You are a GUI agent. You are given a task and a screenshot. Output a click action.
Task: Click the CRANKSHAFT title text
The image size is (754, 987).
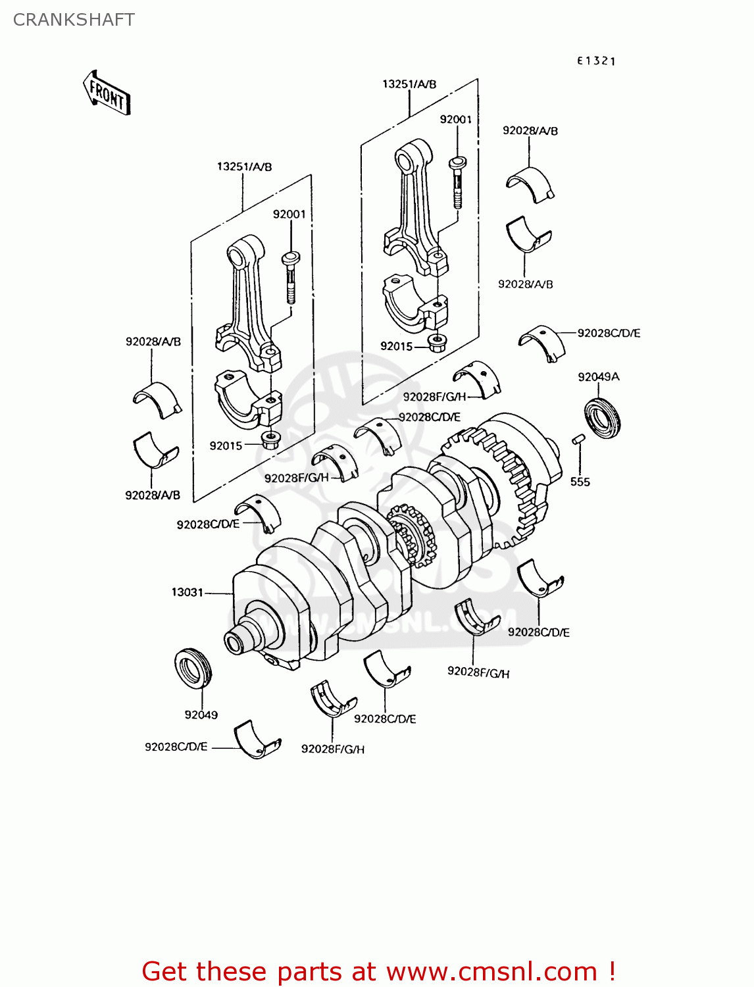pyautogui.click(x=74, y=20)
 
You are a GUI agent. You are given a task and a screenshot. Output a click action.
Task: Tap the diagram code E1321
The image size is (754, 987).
pyautogui.click(x=596, y=61)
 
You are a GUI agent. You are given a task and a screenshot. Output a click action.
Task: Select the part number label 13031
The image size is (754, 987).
pyautogui.click(x=188, y=592)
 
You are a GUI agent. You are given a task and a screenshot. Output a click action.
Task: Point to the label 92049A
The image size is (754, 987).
pyautogui.click(x=598, y=377)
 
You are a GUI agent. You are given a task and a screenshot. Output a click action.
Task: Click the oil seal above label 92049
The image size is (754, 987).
pyautogui.click(x=193, y=669)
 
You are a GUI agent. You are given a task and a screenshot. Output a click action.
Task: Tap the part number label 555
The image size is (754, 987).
pyautogui.click(x=580, y=482)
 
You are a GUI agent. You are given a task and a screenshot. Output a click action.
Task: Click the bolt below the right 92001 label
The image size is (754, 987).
pyautogui.click(x=457, y=181)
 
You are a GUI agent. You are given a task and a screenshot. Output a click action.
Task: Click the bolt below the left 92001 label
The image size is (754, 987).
pyautogui.click(x=290, y=276)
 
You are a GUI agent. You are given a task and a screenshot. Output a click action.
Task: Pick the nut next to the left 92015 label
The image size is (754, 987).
pyautogui.click(x=270, y=440)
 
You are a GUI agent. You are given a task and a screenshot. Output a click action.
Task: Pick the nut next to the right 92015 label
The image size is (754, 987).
pyautogui.click(x=436, y=343)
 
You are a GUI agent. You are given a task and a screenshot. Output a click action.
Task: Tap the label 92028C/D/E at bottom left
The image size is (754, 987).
pyautogui.click(x=176, y=747)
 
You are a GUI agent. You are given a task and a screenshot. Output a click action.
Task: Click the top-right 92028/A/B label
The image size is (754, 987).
pyautogui.click(x=530, y=131)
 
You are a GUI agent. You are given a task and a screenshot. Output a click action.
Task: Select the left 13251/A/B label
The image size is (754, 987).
pyautogui.click(x=244, y=166)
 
